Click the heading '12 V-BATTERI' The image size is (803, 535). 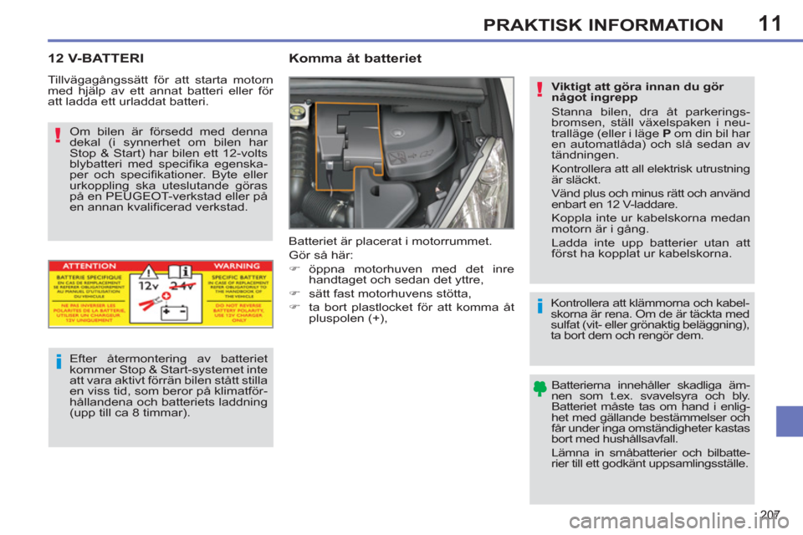95,59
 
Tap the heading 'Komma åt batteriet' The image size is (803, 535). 355,59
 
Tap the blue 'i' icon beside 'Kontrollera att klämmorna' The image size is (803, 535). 540,307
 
